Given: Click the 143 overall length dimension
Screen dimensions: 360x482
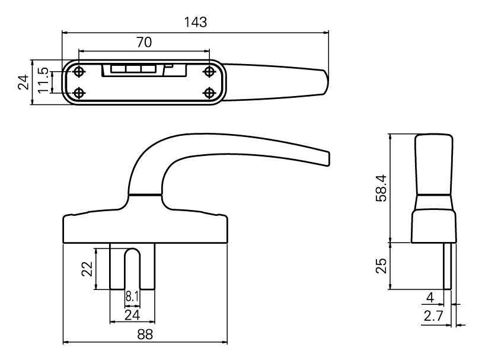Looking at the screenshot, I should click(x=196, y=23).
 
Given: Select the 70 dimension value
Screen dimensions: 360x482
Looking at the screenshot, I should click(x=144, y=42).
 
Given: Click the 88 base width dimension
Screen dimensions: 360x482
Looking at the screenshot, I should click(x=145, y=334).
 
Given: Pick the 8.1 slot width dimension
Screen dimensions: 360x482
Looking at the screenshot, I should click(x=132, y=295).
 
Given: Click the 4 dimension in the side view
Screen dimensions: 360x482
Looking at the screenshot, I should click(x=430, y=296).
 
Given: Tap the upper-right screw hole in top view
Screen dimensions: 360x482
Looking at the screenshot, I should click(x=209, y=72).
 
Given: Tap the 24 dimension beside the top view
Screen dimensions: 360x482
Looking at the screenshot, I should click(x=23, y=82).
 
